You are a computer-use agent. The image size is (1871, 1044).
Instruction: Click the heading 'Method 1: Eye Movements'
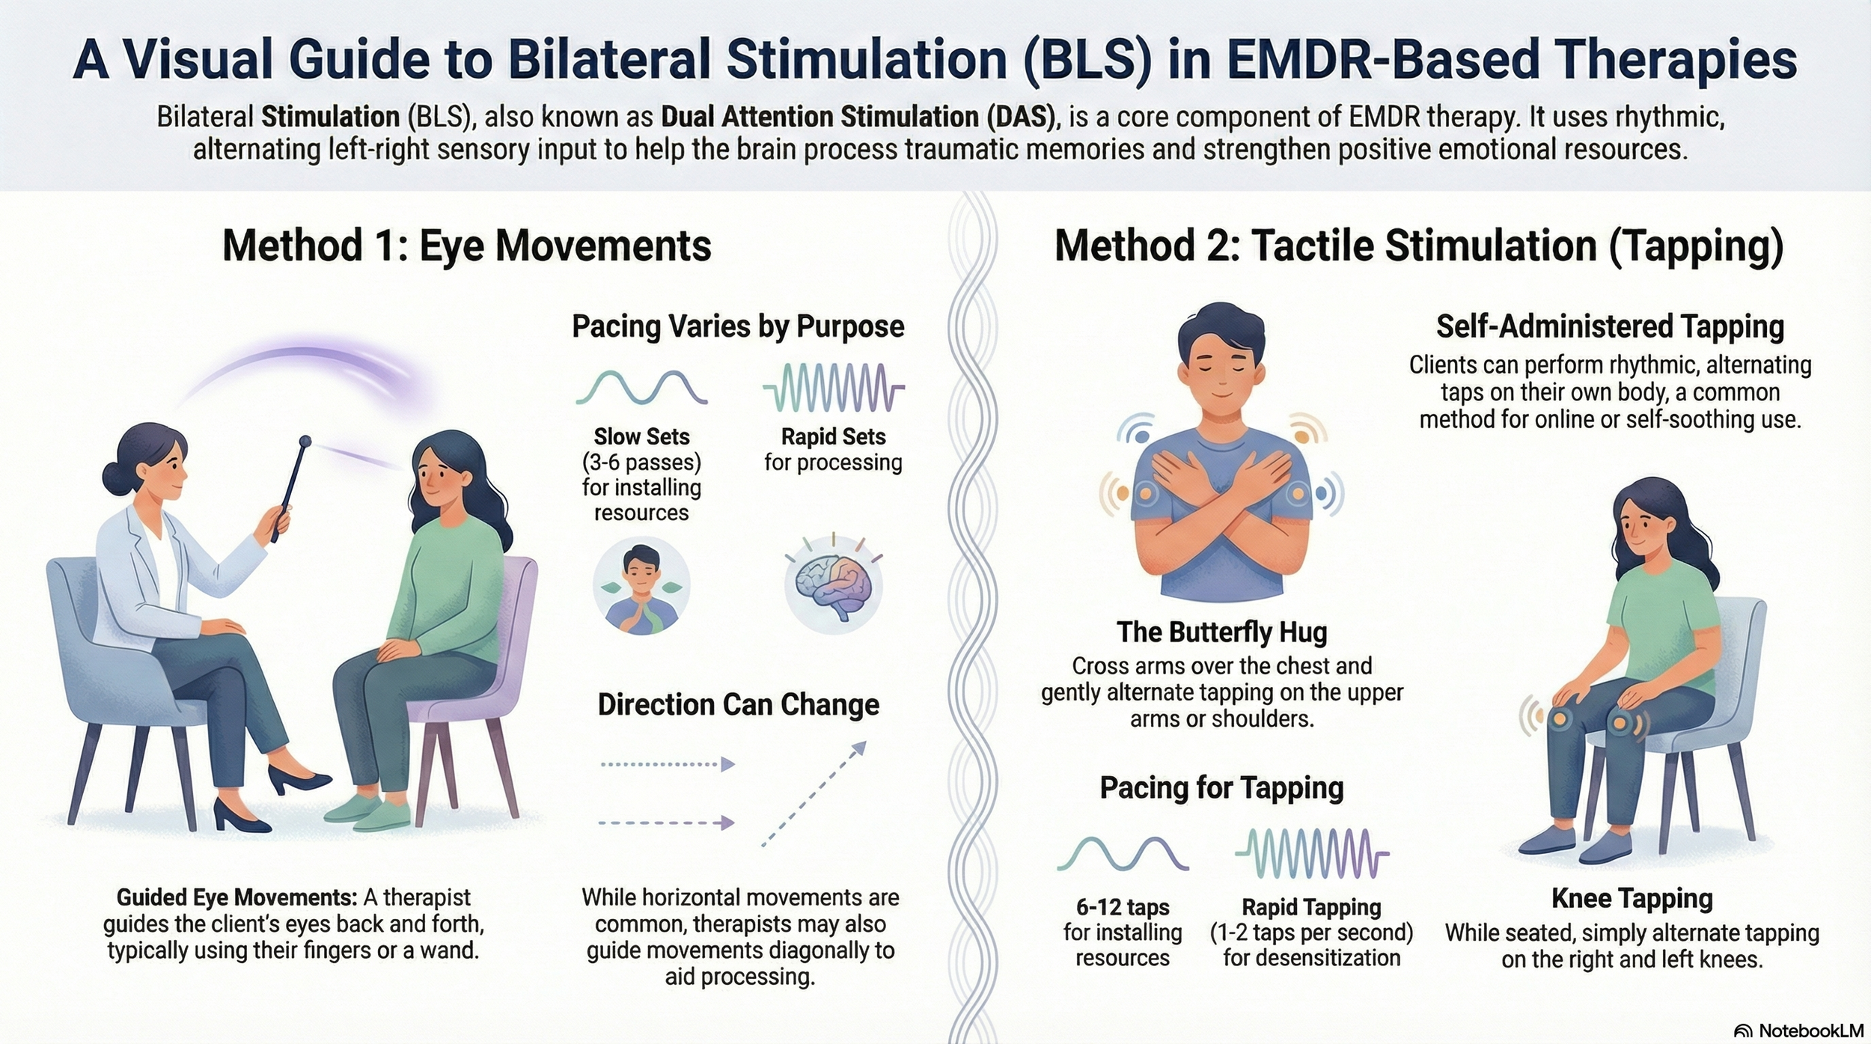tap(466, 246)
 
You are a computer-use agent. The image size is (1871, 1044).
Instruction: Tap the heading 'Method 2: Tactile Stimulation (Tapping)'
tap(1419, 246)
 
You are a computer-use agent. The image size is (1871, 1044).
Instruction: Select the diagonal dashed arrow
tap(814, 793)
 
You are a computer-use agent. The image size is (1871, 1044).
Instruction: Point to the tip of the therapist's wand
tap(305, 441)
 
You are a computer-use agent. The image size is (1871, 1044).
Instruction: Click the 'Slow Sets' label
tap(641, 436)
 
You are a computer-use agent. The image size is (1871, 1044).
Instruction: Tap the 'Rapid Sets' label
tap(833, 436)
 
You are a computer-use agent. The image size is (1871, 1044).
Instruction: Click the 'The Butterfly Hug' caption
tap(1221, 632)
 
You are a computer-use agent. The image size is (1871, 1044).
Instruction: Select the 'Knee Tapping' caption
tap(1632, 898)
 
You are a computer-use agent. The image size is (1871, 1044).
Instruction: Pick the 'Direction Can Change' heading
tap(738, 705)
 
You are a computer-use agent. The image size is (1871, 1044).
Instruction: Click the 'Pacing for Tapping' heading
tap(1221, 788)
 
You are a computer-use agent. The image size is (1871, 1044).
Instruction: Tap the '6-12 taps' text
tap(1123, 907)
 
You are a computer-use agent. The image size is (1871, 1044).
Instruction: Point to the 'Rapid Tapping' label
tap(1311, 907)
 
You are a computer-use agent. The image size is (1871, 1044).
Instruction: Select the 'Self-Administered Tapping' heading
tap(1610, 327)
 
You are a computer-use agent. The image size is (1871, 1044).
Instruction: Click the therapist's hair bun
tap(114, 477)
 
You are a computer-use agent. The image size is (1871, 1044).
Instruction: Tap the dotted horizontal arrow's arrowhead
tap(727, 764)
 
